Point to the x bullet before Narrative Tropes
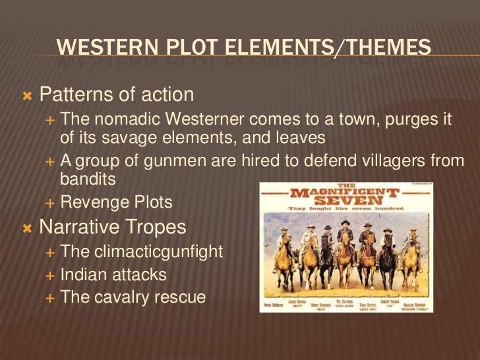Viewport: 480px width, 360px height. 27,228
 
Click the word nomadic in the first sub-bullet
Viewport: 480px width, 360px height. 123,121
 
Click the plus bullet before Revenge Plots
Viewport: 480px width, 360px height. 51,203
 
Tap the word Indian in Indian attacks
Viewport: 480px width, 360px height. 80,274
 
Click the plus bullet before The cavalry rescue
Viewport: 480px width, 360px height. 51,297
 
